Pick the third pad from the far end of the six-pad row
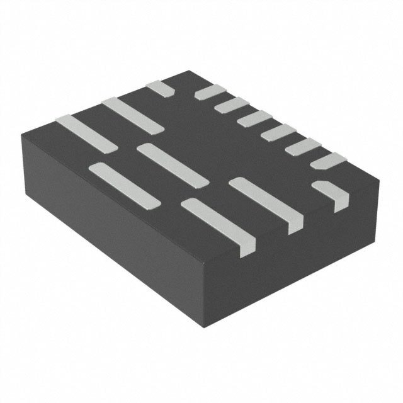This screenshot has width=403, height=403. point(250,118)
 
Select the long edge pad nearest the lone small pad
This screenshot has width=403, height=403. point(133,115)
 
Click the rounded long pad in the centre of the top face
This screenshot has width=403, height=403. point(173,164)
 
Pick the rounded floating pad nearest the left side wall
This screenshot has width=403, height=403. point(124,184)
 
